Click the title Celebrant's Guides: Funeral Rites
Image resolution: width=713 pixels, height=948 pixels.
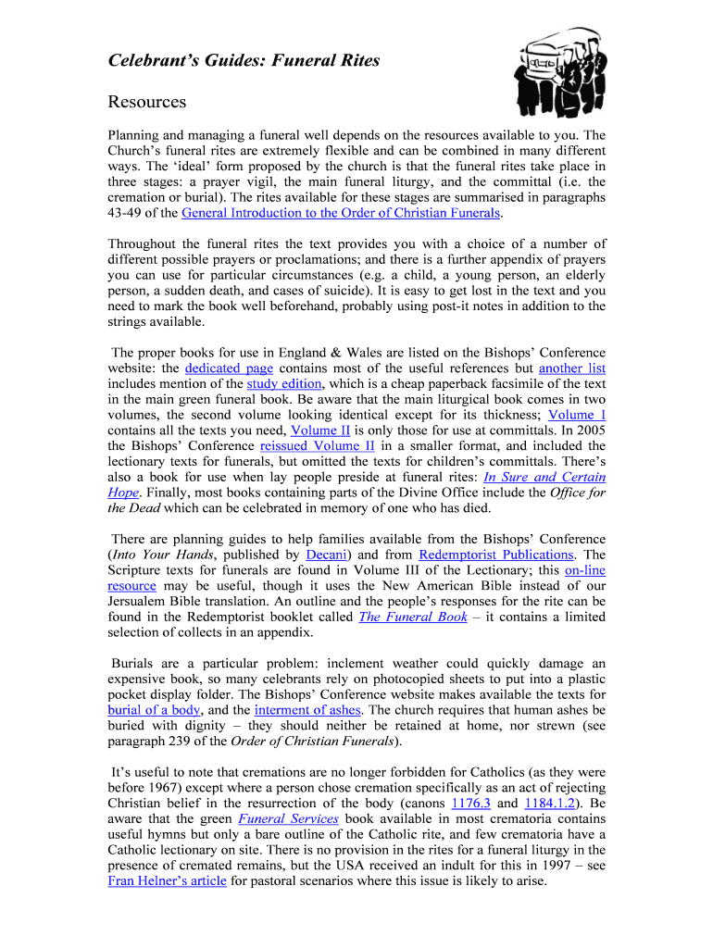244,61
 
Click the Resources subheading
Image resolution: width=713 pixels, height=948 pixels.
147,102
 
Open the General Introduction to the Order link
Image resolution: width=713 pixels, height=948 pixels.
341,213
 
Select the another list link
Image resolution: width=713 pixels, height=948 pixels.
572,368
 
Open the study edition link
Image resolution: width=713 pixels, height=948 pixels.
284,383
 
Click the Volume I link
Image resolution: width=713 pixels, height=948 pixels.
577,415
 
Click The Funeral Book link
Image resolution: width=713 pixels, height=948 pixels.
412,617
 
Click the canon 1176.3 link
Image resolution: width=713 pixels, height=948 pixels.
470,804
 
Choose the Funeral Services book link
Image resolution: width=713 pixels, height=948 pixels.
288,819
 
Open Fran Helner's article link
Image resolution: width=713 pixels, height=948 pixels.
167,881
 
